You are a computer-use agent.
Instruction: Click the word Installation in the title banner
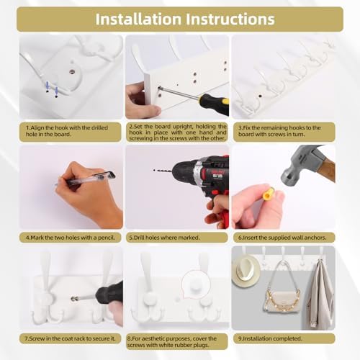pos(138,19)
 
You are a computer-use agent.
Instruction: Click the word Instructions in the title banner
pos(230,19)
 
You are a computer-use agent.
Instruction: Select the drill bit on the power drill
pos(163,171)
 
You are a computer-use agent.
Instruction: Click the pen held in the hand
pos(85,178)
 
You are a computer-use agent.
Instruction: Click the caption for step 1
pos(67,131)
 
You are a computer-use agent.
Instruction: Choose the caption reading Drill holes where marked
pos(164,238)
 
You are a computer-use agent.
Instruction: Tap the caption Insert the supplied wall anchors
pos(282,238)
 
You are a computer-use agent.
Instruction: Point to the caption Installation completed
pos(270,338)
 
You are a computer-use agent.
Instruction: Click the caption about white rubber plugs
pos(172,342)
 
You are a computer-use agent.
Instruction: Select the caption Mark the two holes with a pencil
pos(71,238)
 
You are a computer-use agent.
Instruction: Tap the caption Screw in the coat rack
pos(71,338)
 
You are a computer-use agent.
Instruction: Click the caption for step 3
pos(279,131)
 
